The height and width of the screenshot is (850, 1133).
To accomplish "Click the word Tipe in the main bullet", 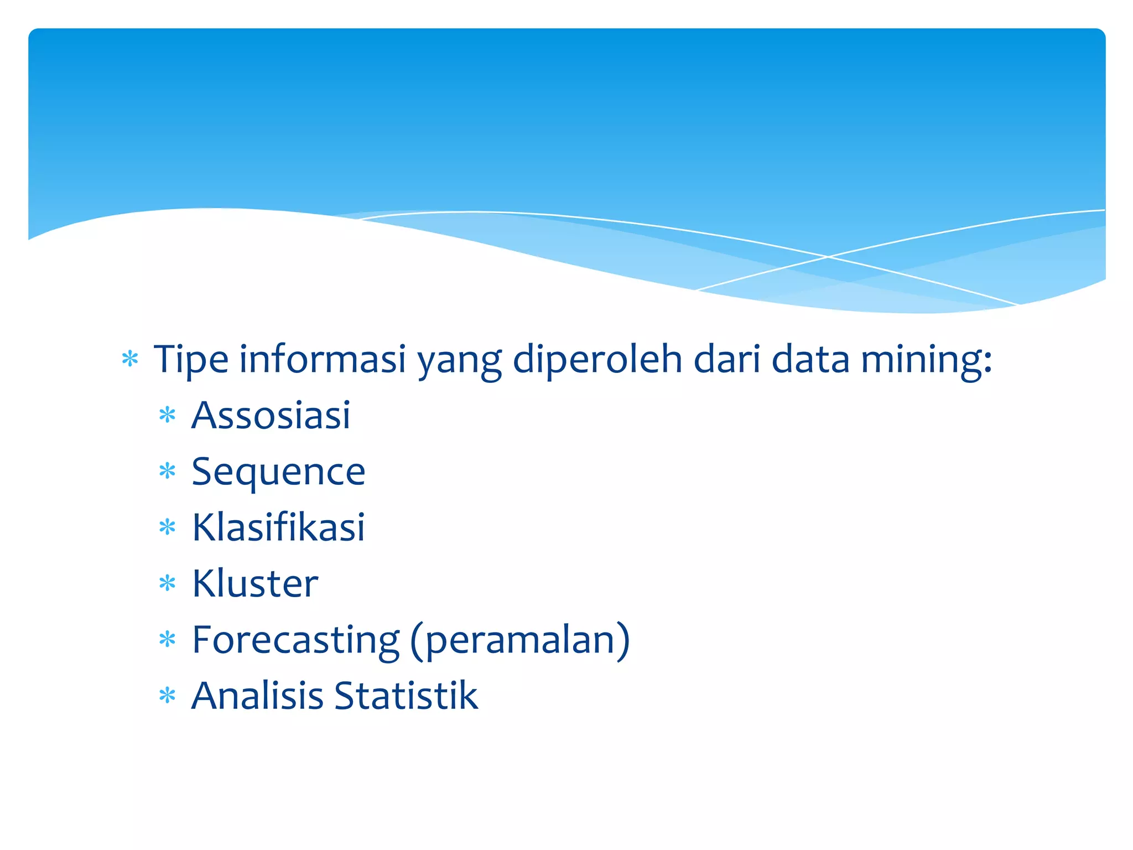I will pos(191,360).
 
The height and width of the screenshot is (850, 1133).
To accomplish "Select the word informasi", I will pos(323,360).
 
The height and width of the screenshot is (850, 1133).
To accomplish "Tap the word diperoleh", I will pos(597,360).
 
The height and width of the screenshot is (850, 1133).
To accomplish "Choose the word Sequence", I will pos(278,471).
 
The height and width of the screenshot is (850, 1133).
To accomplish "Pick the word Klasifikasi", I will pos(278,527).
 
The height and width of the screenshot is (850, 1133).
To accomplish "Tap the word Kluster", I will pos(255,583).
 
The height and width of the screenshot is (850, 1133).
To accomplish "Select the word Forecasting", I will pos(295,640).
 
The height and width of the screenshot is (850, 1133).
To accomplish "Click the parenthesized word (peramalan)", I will pos(520,640).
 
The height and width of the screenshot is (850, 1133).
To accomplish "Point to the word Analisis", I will pos(257,696).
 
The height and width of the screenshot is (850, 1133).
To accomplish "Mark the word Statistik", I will pos(406,696).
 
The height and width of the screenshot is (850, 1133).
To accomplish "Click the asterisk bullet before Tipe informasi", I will pos(130,360).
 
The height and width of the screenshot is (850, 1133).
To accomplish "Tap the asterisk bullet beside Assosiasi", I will pos(167,415).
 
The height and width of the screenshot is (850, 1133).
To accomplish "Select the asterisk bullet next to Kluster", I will pos(167,583).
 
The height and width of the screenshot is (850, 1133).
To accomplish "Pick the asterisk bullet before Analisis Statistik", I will pos(167,696).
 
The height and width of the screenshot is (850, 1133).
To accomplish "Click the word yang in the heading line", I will pos(459,360).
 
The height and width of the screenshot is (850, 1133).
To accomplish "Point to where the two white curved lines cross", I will pos(828,257).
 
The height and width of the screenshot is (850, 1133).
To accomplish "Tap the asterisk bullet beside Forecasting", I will pos(167,640).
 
